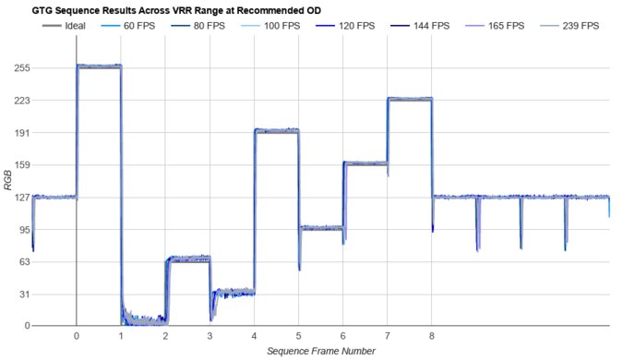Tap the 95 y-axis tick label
[21, 230]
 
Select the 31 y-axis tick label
[21, 294]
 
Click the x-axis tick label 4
[254, 337]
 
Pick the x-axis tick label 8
[432, 337]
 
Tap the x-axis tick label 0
[77, 337]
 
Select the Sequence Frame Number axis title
[320, 352]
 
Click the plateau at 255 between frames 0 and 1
[99, 66]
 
